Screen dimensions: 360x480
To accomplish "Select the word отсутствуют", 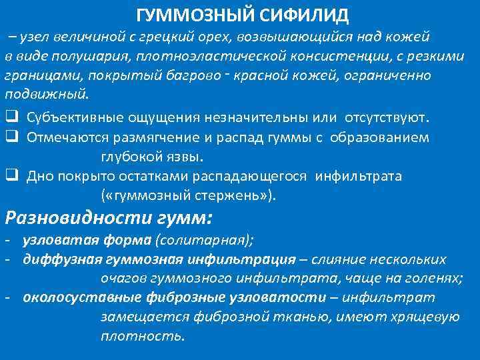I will click(x=388, y=118).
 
